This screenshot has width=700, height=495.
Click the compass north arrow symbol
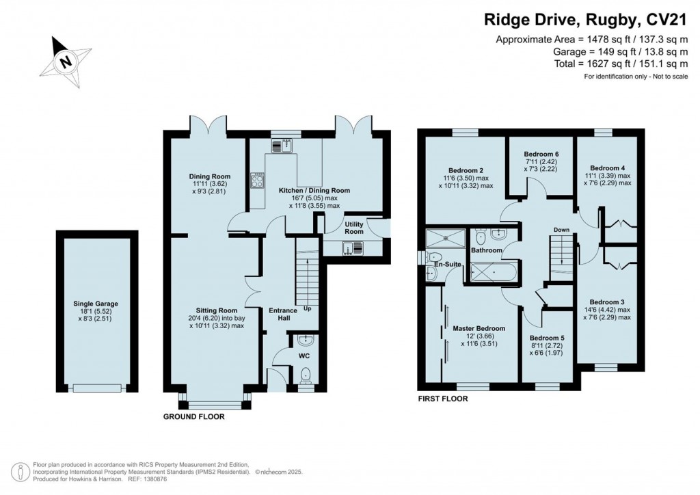click(66, 60)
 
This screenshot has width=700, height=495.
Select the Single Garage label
click(96, 304)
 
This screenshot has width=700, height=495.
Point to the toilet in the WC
click(306, 375)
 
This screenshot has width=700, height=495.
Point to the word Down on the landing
click(561, 230)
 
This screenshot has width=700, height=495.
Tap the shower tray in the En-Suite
click(446, 239)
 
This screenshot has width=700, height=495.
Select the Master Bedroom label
click(479, 329)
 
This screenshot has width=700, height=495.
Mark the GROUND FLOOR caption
click(193, 416)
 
